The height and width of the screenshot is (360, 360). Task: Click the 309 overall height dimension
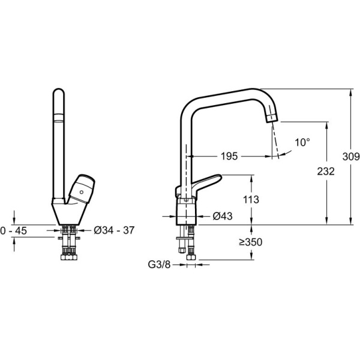click(351, 157)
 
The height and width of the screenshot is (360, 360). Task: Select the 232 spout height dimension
click(326, 171)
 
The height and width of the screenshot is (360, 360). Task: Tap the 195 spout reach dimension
click(229, 157)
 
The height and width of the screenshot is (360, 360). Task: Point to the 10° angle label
click(302, 142)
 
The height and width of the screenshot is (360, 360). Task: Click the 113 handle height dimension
click(251, 200)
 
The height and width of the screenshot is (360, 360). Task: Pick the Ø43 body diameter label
click(223, 216)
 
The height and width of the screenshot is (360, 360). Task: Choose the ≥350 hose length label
click(250, 242)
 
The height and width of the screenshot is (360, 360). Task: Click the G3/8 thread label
click(159, 265)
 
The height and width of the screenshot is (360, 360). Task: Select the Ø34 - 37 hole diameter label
click(114, 230)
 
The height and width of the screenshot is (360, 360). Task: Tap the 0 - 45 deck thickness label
click(14, 231)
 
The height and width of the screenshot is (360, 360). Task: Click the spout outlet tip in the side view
click(272, 118)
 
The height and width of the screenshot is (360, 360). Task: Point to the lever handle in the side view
click(198, 185)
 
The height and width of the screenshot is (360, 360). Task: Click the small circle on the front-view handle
click(81, 192)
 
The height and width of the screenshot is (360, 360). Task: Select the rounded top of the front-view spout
click(59, 91)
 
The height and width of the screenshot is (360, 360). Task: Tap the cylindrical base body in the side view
click(186, 211)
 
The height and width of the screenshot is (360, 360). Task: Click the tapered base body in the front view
click(69, 212)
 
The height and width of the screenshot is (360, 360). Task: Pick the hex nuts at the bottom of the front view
click(69, 257)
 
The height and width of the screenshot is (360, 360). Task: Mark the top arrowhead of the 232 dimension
click(326, 125)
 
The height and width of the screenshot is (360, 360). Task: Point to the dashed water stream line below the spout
click(275, 140)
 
